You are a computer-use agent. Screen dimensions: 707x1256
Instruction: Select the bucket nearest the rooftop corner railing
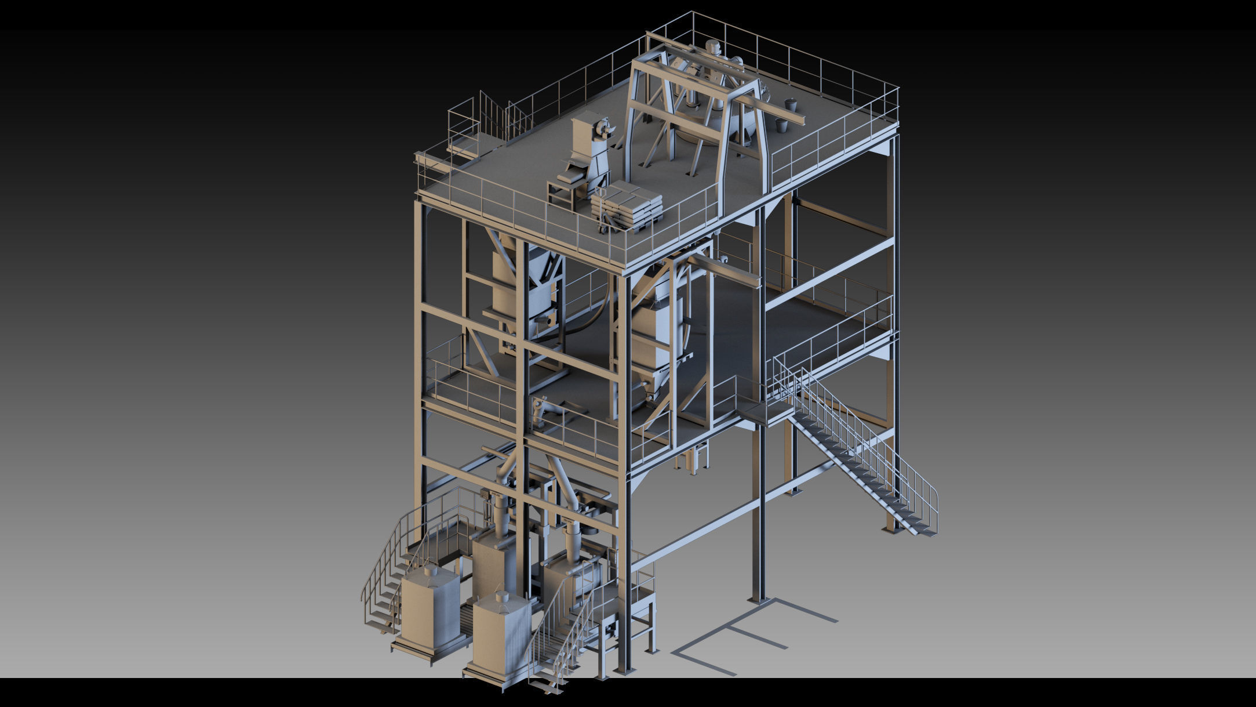[790, 106]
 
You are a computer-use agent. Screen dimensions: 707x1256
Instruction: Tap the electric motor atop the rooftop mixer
[712, 49]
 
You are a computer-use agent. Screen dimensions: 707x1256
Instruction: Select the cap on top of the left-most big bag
[429, 571]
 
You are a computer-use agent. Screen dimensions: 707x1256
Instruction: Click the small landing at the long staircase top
[765, 413]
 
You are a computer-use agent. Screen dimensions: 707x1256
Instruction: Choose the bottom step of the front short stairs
[548, 688]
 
